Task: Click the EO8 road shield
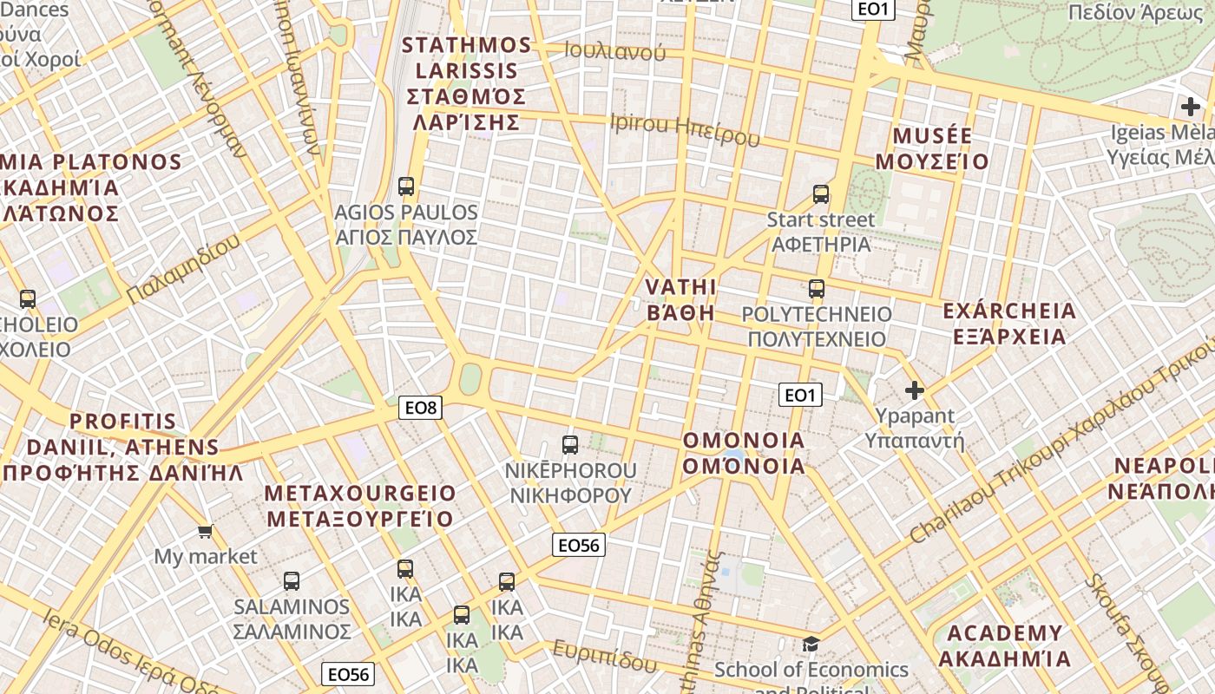[420, 407]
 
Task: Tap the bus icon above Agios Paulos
[405, 186]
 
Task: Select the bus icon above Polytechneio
[816, 288]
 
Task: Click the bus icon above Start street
[820, 193]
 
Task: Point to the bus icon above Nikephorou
[569, 445]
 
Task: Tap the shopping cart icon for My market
[205, 531]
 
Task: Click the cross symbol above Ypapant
[914, 390]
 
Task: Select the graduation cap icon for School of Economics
[811, 644]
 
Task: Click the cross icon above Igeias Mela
[1190, 107]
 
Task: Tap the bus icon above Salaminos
[292, 581]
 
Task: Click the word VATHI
[681, 287]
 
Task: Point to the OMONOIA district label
[744, 440]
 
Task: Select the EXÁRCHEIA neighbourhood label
[1008, 311]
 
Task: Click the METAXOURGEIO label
[360, 494]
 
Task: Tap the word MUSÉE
[932, 136]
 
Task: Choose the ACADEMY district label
[1004, 632]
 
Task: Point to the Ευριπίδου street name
[605, 657]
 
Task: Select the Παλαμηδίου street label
[183, 270]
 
